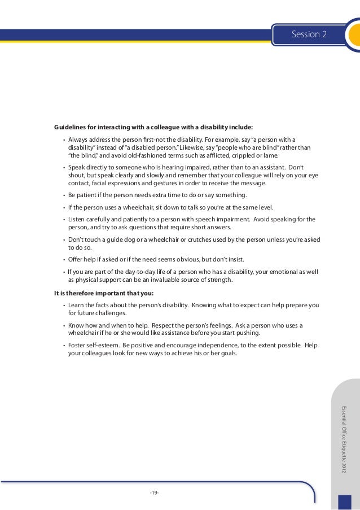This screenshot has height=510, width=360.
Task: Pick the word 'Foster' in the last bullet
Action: [77, 345]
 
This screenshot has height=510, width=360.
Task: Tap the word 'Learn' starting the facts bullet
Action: [77, 306]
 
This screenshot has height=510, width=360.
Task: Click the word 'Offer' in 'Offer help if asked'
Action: [77, 259]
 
